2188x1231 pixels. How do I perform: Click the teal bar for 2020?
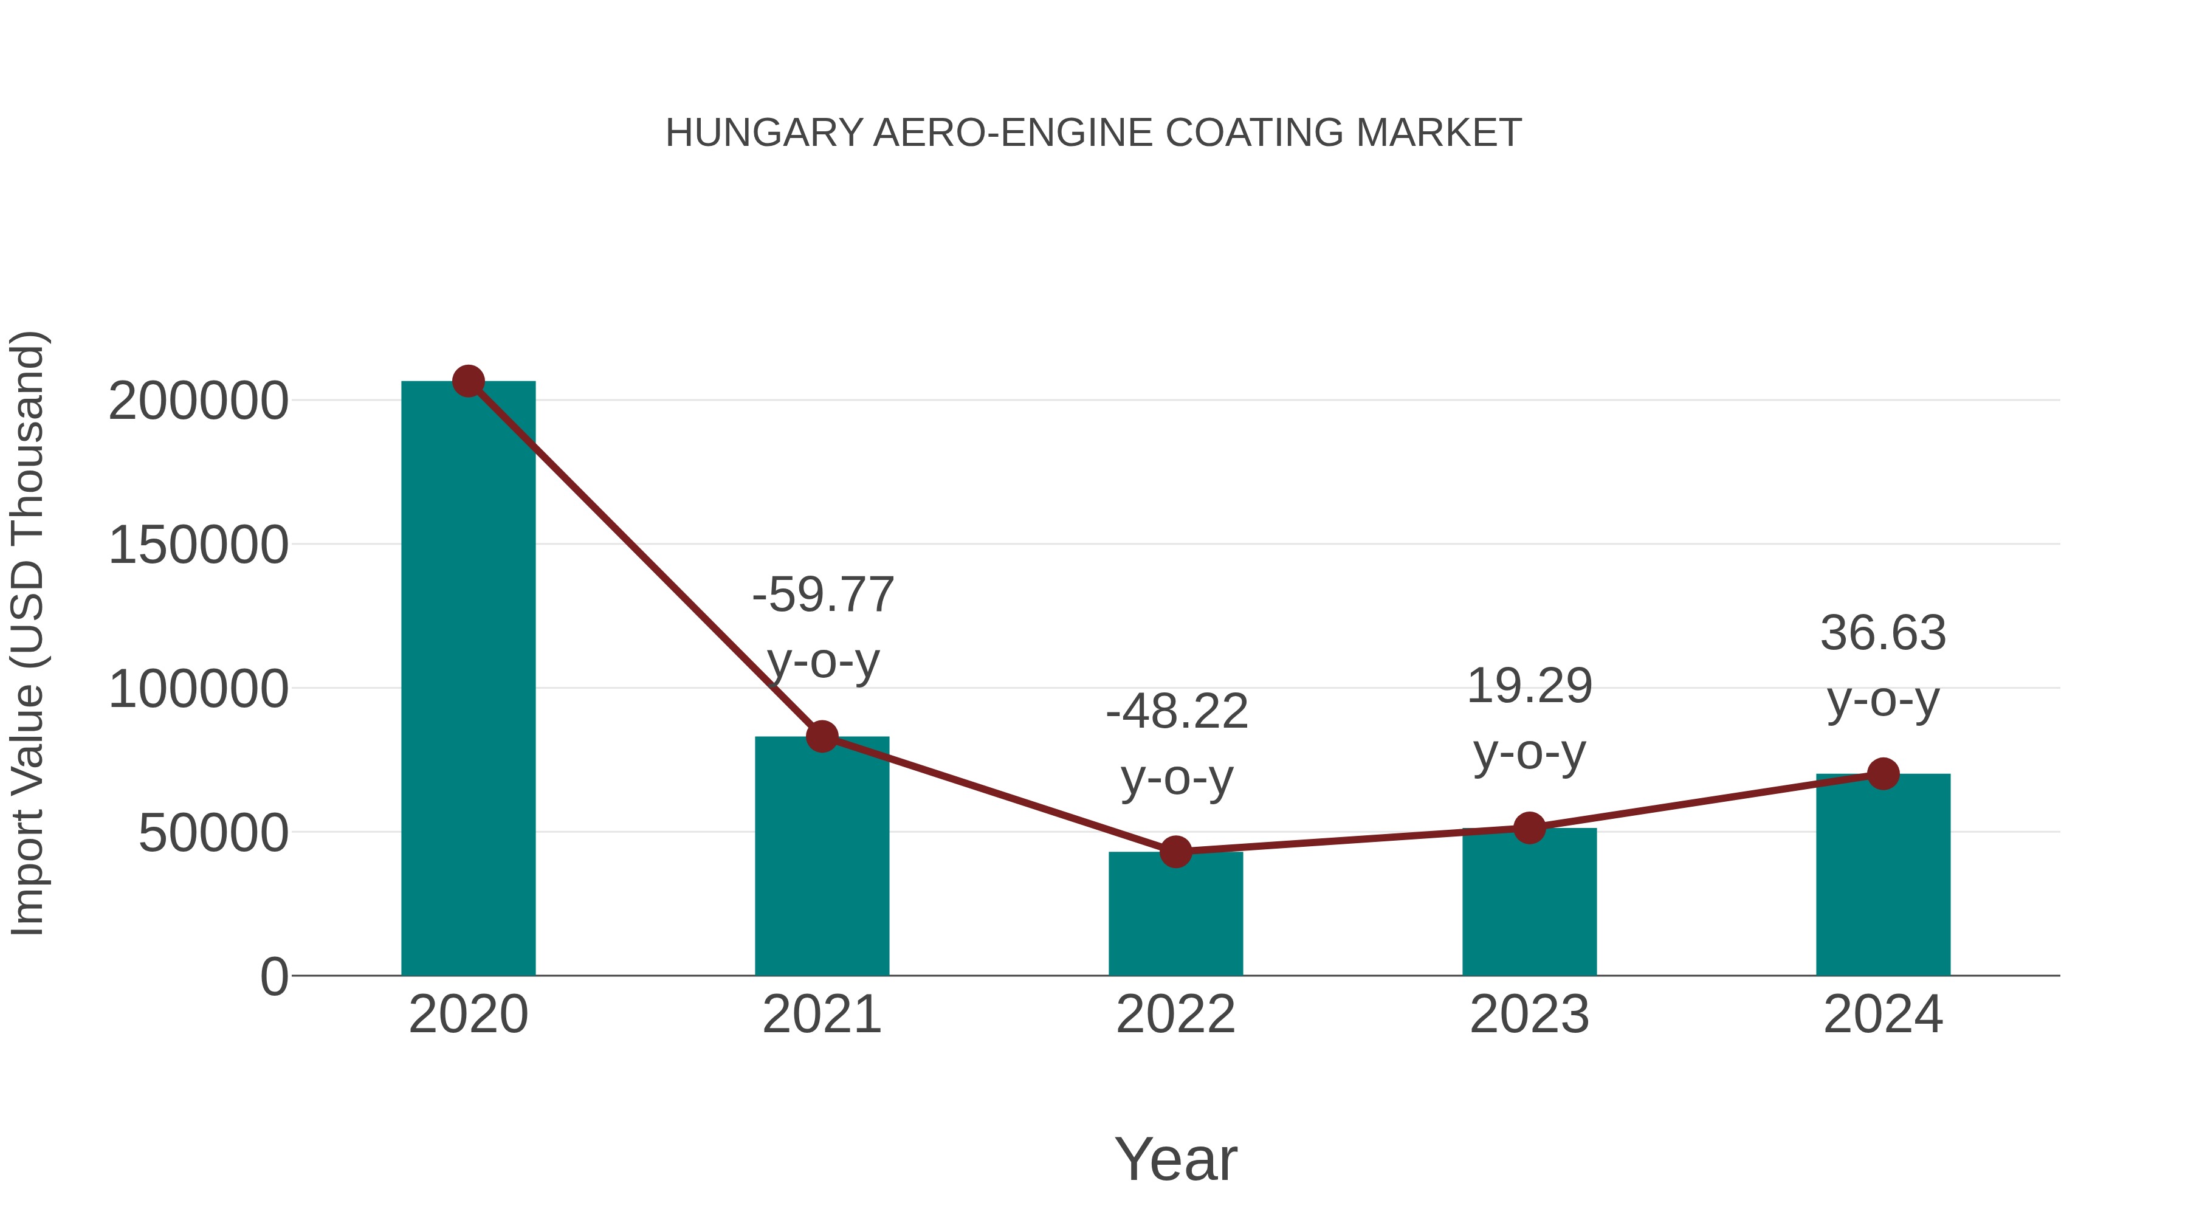(468, 680)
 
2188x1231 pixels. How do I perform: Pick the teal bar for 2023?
(1529, 905)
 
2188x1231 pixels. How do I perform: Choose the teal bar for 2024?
(1883, 875)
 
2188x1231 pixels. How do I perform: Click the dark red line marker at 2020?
(468, 381)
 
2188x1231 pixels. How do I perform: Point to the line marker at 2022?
(1175, 851)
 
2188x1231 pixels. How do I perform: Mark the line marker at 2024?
(1883, 774)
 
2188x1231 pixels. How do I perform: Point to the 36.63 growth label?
(1883, 666)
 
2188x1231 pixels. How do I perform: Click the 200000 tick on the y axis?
(198, 401)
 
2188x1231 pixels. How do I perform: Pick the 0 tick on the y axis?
(273, 977)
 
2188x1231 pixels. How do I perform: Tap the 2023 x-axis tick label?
(1529, 1015)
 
